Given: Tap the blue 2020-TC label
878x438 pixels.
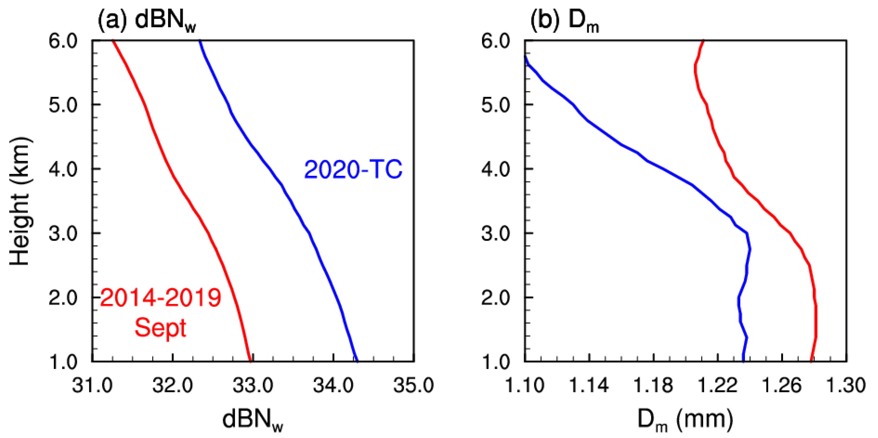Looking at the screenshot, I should [x=353, y=170].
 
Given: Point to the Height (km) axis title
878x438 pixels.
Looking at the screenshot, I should [x=20, y=201].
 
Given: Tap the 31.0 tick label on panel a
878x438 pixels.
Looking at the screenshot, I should [x=92, y=386].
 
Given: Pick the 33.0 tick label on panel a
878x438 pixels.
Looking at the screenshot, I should [x=253, y=386].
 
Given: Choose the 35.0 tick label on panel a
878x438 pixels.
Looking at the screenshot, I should [x=414, y=386].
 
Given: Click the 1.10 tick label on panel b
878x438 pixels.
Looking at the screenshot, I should [x=524, y=386].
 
